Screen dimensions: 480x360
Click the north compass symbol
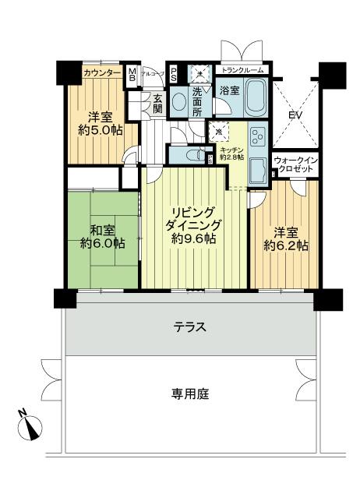29,425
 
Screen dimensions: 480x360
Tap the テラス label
190,327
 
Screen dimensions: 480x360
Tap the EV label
295,115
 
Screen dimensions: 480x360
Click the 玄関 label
157,104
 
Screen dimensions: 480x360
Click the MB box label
132,76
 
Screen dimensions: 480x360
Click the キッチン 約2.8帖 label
231,153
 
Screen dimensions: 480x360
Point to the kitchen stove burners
259,140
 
